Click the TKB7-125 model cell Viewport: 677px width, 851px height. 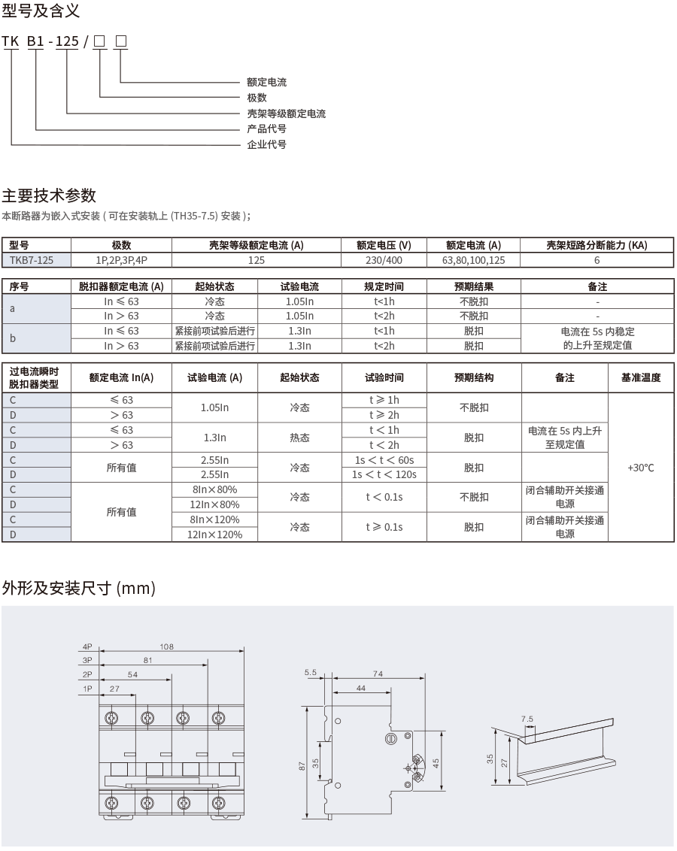pos(36,260)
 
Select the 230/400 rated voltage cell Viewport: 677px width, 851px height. pos(384,260)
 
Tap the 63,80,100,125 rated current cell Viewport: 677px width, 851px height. pos(474,260)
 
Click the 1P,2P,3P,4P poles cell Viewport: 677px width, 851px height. pos(122,260)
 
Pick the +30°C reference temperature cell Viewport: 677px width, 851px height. pos(640,468)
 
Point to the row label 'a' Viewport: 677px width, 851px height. pos(13,308)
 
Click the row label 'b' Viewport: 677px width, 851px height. pos(13,338)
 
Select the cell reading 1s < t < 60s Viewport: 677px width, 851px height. pos(384,460)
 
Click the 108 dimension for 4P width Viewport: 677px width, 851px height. pos(167,647)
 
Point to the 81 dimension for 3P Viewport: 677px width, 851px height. pos(147,661)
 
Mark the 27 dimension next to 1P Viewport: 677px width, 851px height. pos(114,689)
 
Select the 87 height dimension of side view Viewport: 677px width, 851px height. pos(302,765)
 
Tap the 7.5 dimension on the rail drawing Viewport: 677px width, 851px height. pos(527,719)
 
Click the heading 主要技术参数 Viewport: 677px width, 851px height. pos(49,196)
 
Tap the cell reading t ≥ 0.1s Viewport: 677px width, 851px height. pos(384,527)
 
